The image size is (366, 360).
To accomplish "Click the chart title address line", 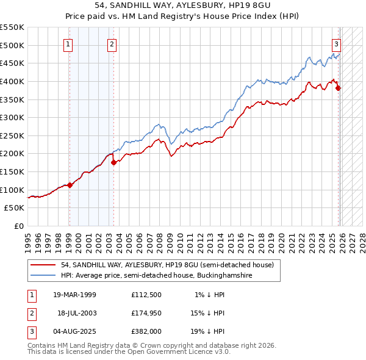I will pos(182,5).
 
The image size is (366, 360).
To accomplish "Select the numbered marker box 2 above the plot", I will pos(112,43).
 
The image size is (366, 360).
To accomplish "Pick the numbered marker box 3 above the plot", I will pos(336,43).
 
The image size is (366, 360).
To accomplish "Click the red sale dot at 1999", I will pos(70,185).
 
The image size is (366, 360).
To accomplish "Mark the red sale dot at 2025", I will pos(339,88).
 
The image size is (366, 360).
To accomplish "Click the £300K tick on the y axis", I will pos(13,117).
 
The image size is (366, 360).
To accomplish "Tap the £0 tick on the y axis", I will pos(20,226).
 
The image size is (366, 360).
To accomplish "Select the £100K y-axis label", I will pos(13,190).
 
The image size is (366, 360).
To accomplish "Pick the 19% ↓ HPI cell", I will pos(207,331).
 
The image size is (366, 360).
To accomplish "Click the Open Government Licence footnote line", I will pos(129,352).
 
